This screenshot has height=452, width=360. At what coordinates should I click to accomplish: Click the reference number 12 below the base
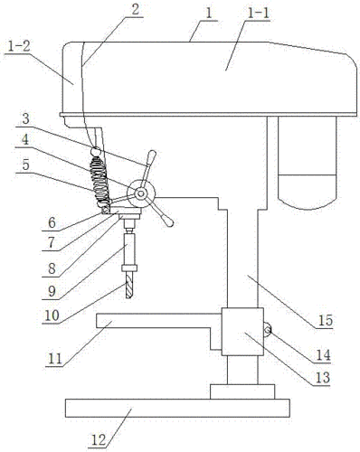coord(99,440)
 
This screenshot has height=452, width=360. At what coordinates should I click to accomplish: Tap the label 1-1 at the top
coord(257,14)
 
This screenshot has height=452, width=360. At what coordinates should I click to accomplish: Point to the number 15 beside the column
coord(326,320)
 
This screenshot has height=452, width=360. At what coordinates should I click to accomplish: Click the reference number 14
coord(323,355)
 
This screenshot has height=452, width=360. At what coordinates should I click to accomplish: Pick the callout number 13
coord(323,377)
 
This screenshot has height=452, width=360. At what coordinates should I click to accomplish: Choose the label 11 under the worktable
coord(54,359)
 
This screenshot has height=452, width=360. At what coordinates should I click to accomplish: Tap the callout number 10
coord(52,315)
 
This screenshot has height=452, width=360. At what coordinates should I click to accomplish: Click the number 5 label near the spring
coord(26,165)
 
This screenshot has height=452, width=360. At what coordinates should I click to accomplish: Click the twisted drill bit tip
coord(129,297)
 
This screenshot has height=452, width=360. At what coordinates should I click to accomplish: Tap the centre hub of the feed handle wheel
coord(141,193)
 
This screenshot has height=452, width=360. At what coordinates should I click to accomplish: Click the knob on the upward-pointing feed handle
coord(151,157)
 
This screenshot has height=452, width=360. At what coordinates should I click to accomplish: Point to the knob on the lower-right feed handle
coord(166,220)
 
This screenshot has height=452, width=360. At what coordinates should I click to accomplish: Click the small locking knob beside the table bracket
coord(267,330)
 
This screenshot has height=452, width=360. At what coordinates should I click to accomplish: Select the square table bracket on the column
coord(242,332)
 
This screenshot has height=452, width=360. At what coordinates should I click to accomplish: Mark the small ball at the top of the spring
coord(97,151)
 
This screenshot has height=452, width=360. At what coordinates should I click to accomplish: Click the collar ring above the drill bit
coord(129,268)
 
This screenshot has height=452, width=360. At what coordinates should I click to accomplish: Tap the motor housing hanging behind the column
coord(307,163)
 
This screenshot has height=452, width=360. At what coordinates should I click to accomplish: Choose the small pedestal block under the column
coord(242,391)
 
